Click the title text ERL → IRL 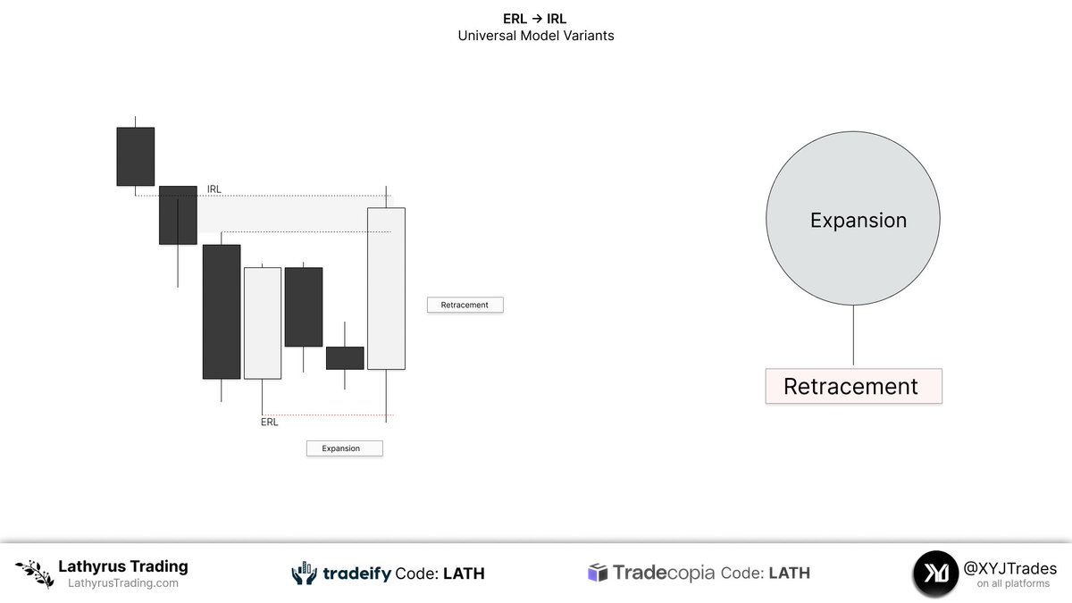(535, 19)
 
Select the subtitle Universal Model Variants (535, 37)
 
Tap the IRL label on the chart (214, 189)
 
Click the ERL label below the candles (269, 423)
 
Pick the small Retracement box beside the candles (465, 305)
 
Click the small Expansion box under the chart (344, 448)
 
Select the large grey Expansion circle (852, 220)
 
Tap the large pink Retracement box (853, 386)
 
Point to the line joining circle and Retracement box (853, 336)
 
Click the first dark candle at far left (135, 156)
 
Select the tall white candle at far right (386, 288)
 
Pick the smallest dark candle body (345, 357)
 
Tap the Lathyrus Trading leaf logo (34, 573)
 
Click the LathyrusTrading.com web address (123, 584)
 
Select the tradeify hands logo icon (305, 574)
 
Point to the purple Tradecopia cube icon (598, 573)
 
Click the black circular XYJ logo (935, 574)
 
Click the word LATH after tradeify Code (464, 574)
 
